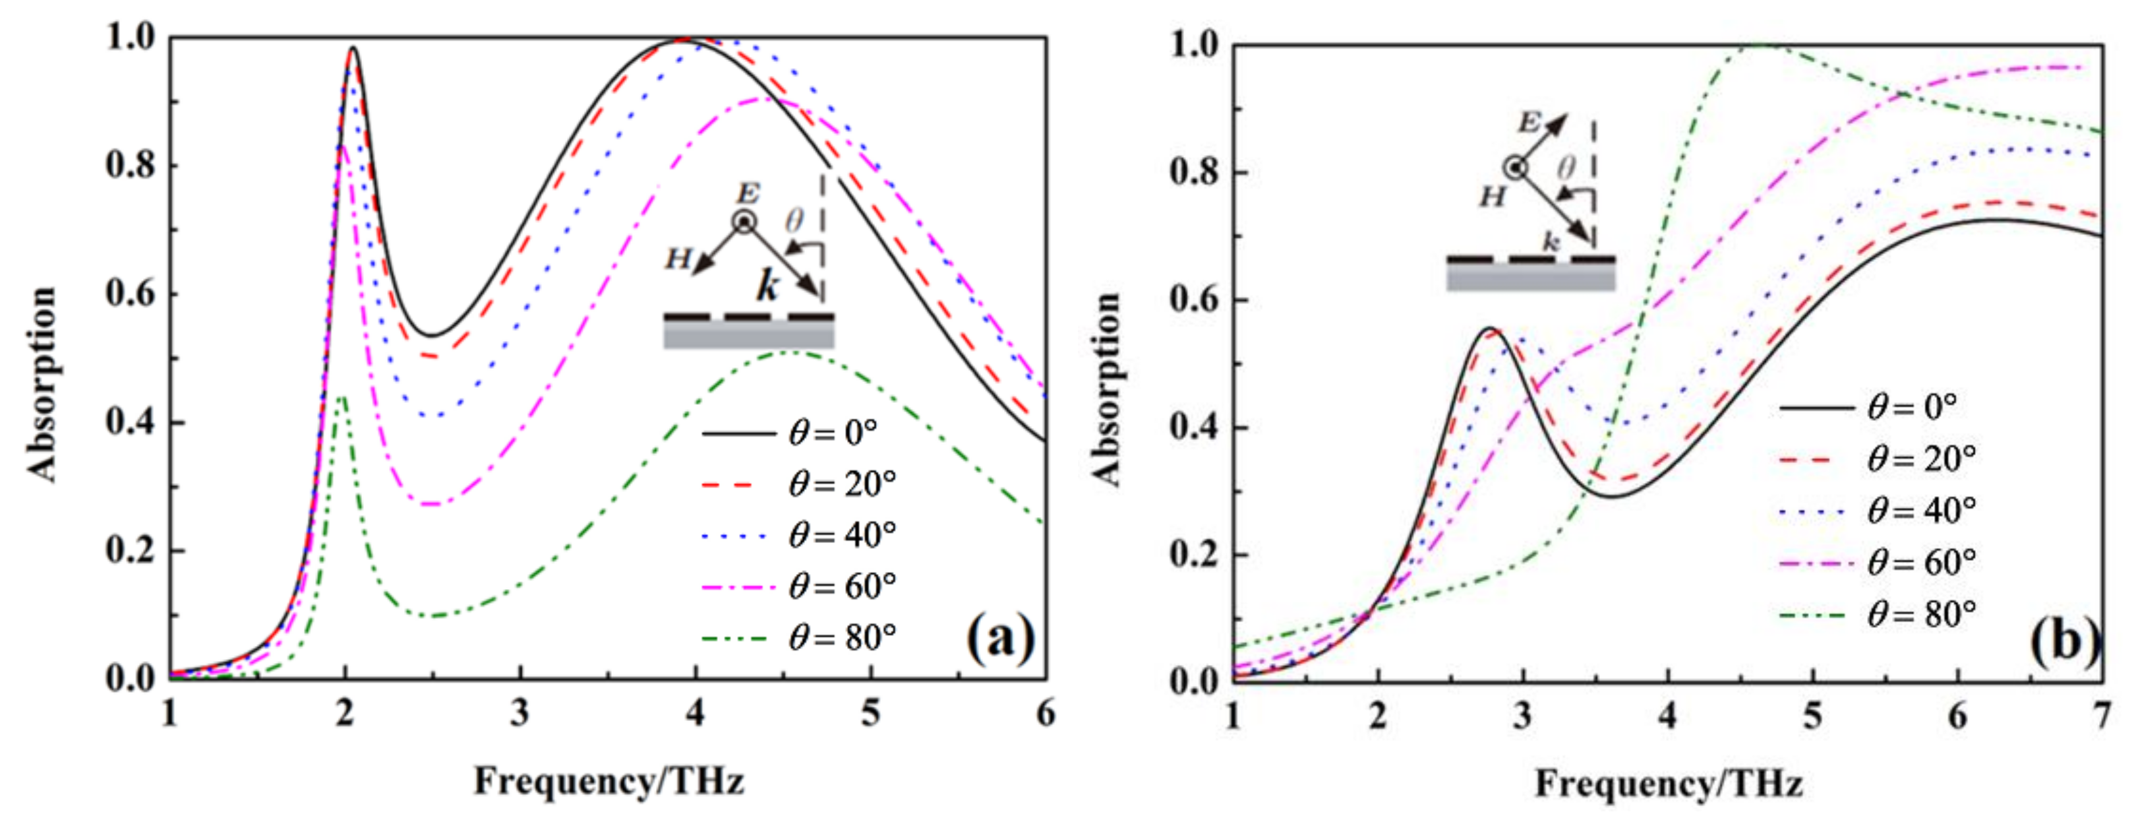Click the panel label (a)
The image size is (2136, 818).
tap(1000, 637)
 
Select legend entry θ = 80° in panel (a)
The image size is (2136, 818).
tap(842, 637)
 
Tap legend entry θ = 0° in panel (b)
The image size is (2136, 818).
tap(1911, 406)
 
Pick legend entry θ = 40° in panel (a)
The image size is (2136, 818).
tap(842, 535)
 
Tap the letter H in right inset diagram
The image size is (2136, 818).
tap(1493, 197)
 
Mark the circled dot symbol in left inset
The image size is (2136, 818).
tap(744, 222)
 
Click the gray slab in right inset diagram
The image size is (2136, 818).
tap(1531, 277)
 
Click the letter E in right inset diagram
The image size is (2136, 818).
tap(1528, 123)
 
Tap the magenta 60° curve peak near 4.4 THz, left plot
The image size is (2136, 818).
tap(761, 99)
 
